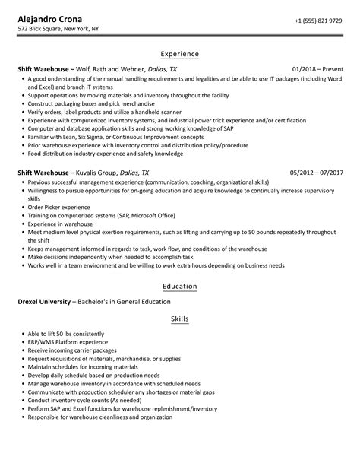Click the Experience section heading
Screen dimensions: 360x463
click(x=180, y=54)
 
